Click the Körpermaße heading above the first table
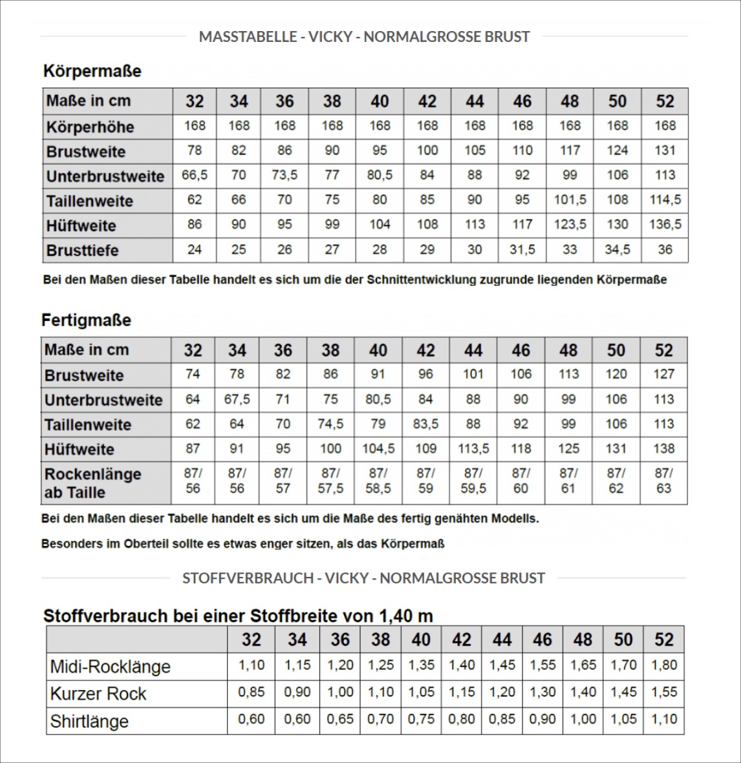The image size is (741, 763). point(92,70)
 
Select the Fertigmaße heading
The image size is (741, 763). point(86,320)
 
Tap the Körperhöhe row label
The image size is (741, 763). point(90,127)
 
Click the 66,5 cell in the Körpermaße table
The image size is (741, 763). point(195,176)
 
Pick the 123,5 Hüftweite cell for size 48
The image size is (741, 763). point(570,225)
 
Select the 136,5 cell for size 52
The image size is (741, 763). point(665,225)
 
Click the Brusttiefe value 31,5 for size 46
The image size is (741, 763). point(522,249)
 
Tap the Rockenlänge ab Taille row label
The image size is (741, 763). point(92,483)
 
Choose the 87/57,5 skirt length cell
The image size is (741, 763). point(330,481)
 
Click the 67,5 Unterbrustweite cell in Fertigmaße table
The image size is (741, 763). point(237,400)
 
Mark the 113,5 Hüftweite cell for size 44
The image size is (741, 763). point(473,449)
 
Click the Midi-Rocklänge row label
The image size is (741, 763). point(110,667)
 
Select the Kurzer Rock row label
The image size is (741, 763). point(98,694)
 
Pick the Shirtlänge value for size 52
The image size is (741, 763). point(663,720)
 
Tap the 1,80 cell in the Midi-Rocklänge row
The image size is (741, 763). point(663,665)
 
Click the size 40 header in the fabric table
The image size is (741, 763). point(421,640)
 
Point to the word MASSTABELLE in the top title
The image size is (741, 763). point(245,37)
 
